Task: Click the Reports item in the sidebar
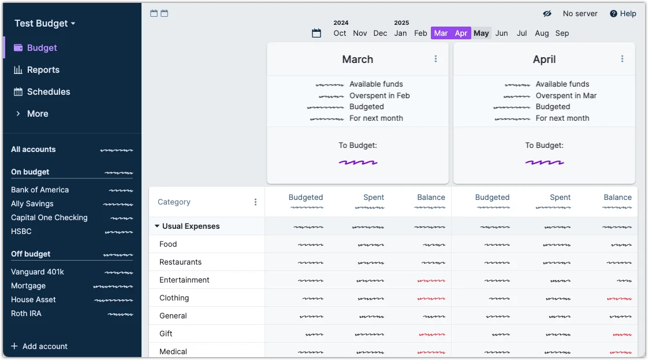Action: pos(43,70)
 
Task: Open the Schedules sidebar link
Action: pos(49,92)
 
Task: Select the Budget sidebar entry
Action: pos(42,48)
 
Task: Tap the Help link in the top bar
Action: pos(623,14)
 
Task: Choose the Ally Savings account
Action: pos(32,204)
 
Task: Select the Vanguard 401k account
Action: pos(38,272)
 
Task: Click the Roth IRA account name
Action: pos(26,314)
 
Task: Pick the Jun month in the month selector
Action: pos(501,34)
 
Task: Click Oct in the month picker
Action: pos(340,34)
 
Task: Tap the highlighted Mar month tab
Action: pos(441,34)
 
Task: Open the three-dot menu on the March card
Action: pos(435,59)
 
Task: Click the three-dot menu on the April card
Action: pos(622,59)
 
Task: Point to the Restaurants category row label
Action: pos(180,262)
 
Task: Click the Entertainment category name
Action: pos(184,280)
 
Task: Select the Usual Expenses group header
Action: pos(191,227)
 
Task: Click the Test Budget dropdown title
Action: pos(45,24)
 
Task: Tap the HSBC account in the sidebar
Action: pos(21,232)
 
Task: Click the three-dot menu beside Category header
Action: pos(255,202)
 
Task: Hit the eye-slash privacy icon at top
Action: pos(547,14)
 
